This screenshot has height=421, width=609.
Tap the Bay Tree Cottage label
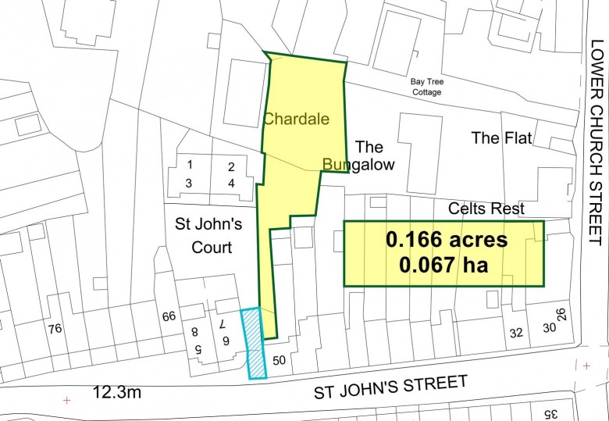[426, 87]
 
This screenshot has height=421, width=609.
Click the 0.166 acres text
[446, 240]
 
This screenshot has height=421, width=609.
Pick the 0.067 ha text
[443, 265]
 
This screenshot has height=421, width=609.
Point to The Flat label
[501, 138]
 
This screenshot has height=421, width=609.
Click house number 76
[53, 328]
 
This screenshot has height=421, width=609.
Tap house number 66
[169, 316]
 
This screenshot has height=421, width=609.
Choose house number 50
[281, 361]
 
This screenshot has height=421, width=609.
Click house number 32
[516, 332]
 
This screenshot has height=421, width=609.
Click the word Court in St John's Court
[213, 248]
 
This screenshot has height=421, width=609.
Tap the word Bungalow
[359, 165]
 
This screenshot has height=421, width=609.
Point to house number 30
[549, 329]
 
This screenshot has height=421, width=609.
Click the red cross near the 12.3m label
[66, 401]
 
